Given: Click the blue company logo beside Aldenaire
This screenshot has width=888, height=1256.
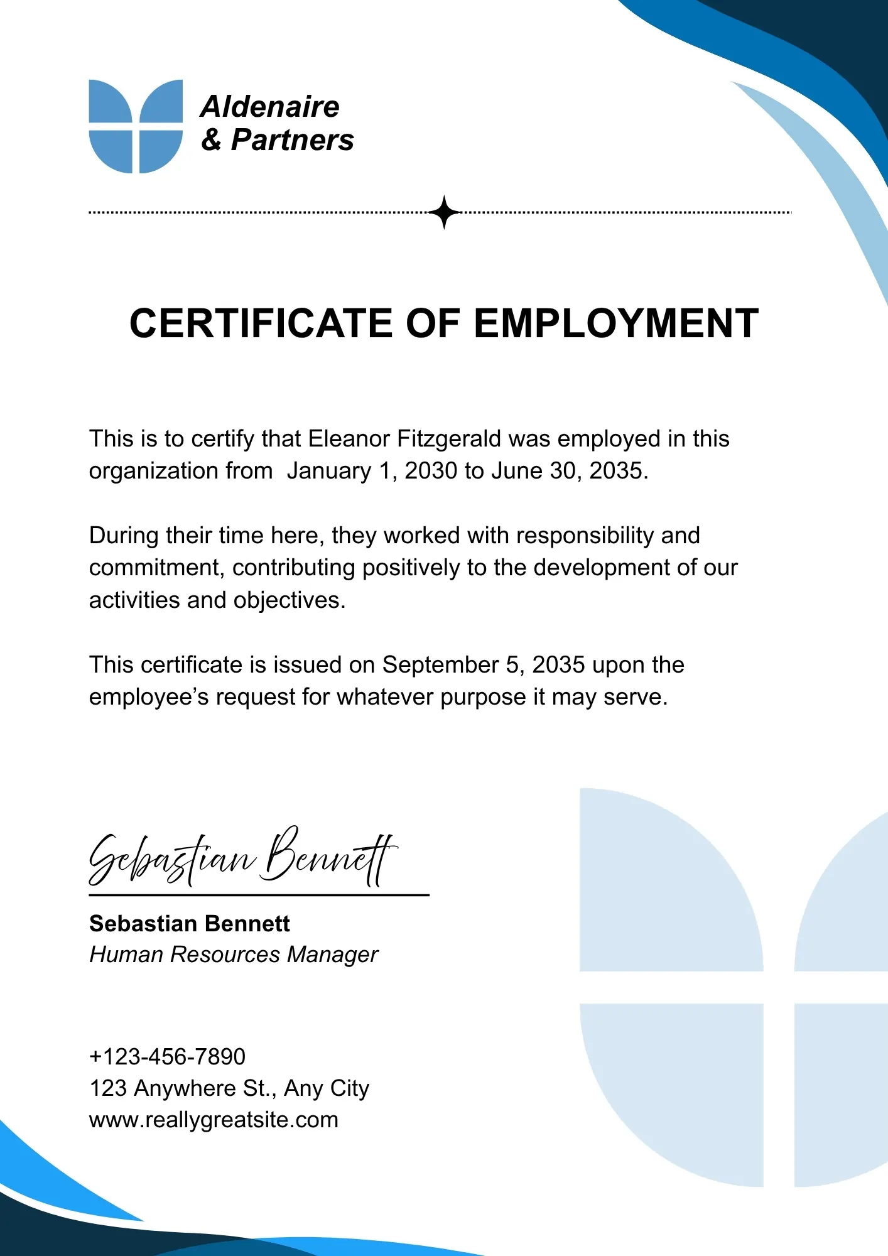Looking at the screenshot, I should pyautogui.click(x=136, y=126).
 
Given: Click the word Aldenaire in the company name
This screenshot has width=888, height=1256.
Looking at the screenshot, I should pyautogui.click(x=270, y=107).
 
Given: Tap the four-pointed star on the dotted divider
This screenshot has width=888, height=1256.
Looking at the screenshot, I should pyautogui.click(x=445, y=212).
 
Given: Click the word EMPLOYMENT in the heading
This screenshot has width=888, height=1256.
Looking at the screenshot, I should pyautogui.click(x=616, y=324).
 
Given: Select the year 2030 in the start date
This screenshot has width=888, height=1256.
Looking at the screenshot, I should pyautogui.click(x=431, y=471).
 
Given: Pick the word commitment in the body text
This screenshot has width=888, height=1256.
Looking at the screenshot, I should pyautogui.click(x=156, y=568).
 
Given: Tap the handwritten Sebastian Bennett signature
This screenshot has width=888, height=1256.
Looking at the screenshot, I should pyautogui.click(x=242, y=858).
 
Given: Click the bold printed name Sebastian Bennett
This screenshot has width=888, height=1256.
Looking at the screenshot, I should pyautogui.click(x=190, y=924).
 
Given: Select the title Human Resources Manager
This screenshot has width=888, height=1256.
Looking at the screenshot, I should pyautogui.click(x=234, y=955).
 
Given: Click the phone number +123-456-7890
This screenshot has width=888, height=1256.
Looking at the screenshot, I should pyautogui.click(x=167, y=1057).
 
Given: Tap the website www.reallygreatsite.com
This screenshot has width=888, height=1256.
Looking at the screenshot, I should pyautogui.click(x=214, y=1120).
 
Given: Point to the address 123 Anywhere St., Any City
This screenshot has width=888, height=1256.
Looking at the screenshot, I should pyautogui.click(x=229, y=1088).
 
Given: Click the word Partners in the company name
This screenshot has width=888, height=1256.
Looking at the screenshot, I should pyautogui.click(x=292, y=139).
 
